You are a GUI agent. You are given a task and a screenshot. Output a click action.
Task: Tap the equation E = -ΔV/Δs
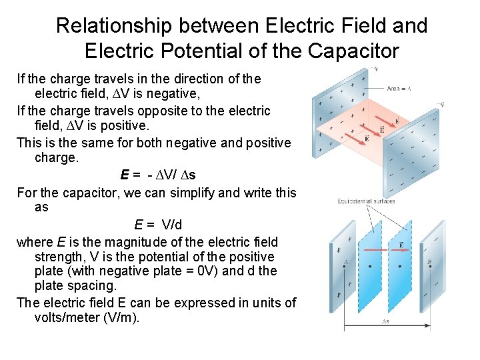coord(158,175)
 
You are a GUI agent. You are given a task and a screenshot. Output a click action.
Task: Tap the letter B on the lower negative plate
coord(429,262)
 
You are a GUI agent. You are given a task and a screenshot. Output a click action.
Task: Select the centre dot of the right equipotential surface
coord(399,266)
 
